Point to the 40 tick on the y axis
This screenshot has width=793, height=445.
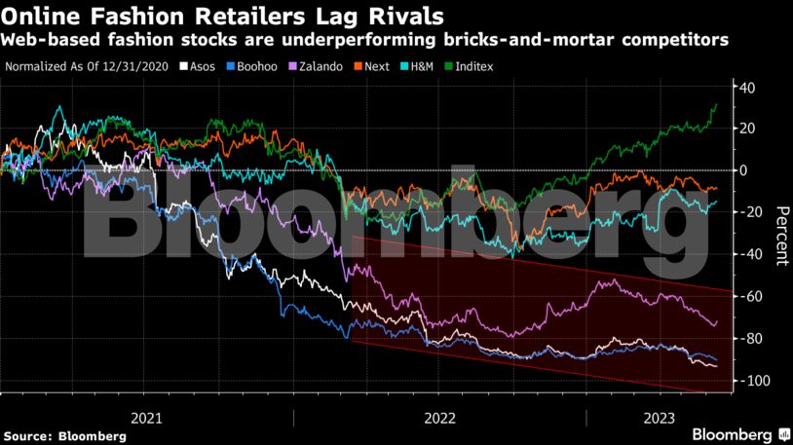click(x=748, y=87)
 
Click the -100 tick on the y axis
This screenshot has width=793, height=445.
click(x=745, y=381)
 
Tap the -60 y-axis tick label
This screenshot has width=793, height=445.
click(x=748, y=297)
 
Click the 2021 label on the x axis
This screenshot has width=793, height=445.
click(x=146, y=417)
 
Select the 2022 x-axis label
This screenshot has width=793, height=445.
click(x=439, y=417)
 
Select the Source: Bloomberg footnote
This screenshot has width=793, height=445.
click(x=64, y=436)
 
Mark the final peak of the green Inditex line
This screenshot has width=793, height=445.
click(x=717, y=103)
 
